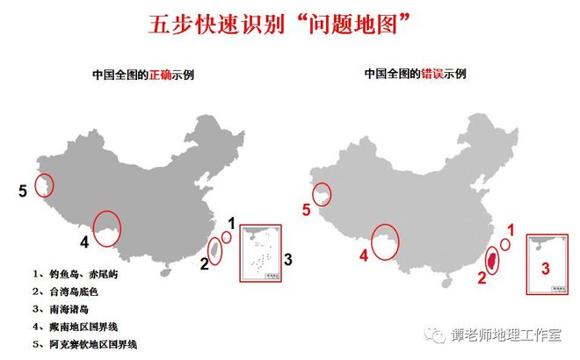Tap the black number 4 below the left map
[84, 241]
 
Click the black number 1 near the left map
[232, 222]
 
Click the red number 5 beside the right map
[306, 209]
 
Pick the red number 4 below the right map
[361, 256]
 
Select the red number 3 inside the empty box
[545, 269]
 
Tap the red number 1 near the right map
[508, 229]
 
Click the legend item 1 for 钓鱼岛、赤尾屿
[76, 274]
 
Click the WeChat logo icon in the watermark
[433, 335]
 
